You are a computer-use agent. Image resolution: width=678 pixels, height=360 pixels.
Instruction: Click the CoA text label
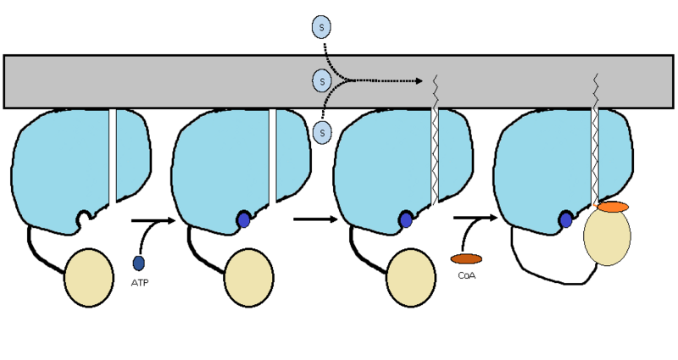pos(466,274)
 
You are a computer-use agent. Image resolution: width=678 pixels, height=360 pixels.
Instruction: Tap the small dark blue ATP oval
pos(138,263)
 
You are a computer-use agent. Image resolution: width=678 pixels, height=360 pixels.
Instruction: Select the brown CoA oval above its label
pos(466,258)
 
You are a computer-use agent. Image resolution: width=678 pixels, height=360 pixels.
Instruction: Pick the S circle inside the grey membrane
pos(321,81)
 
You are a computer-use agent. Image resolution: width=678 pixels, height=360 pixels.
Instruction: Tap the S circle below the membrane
pos(321,132)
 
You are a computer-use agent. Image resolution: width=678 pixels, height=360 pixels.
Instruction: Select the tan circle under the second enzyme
pos(248,276)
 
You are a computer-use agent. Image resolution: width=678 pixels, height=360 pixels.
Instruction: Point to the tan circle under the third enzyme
pos(410,276)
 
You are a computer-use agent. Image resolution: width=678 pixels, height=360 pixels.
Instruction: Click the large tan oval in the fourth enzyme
pos(607,237)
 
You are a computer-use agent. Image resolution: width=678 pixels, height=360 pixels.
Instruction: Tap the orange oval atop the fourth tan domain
pos(612,207)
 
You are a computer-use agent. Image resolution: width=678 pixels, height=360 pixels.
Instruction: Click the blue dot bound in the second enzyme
pos(244,220)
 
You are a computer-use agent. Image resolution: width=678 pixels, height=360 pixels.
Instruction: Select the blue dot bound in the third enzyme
pos(406,220)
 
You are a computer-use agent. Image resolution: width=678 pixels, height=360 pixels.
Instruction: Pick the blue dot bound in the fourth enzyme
pos(566,220)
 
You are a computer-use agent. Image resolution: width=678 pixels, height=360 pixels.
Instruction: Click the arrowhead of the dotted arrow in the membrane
pos(420,81)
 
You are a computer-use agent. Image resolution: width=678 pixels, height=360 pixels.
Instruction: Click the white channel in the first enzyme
pos(112,157)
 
